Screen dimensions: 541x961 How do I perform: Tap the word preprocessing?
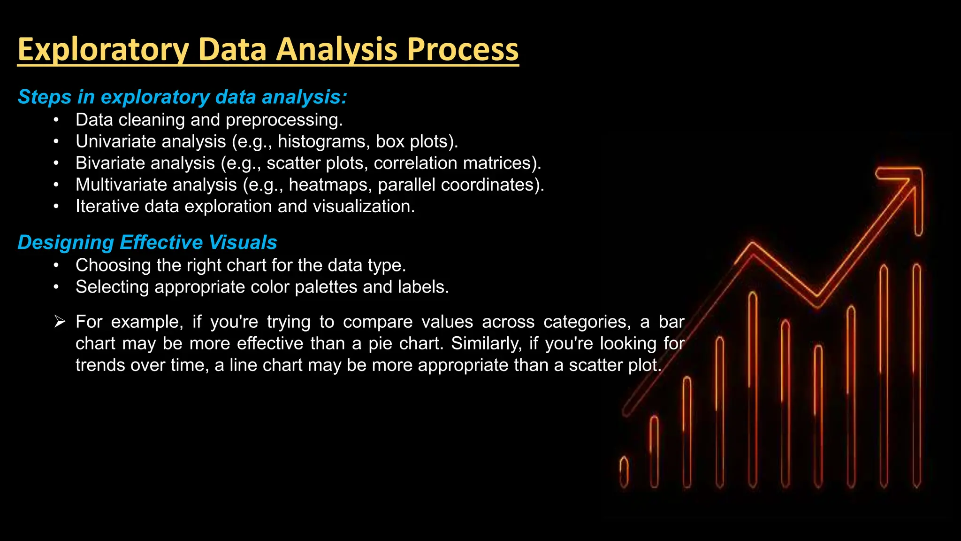click(x=284, y=120)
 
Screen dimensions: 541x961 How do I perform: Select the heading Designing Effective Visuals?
click(x=147, y=242)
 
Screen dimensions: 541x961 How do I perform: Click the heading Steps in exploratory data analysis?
click(x=182, y=97)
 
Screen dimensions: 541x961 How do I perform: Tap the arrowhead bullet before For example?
click(x=59, y=322)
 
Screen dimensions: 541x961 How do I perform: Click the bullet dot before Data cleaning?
click(x=56, y=120)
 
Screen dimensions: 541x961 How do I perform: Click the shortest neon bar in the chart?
click(x=624, y=472)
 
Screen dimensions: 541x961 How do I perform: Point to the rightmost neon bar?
click(x=916, y=376)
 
